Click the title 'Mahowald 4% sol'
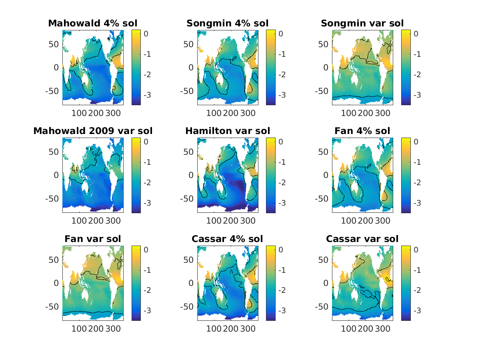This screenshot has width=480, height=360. (x=92, y=23)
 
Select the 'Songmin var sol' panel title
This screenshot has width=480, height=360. (x=362, y=23)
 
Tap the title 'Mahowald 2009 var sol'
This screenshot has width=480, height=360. (x=92, y=131)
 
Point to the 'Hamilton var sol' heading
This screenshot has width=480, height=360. (x=228, y=131)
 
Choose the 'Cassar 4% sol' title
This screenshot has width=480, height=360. (x=228, y=239)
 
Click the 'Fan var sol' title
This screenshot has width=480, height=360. (x=92, y=239)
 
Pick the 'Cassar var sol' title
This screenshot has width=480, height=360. (x=362, y=239)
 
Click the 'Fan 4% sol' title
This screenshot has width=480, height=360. (x=362, y=131)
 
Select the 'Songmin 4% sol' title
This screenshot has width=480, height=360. (x=228, y=23)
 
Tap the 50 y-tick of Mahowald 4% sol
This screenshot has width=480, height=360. (x=54, y=44)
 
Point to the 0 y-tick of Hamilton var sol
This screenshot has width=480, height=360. (x=192, y=175)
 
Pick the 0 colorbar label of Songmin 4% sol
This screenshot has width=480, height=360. (x=280, y=34)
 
